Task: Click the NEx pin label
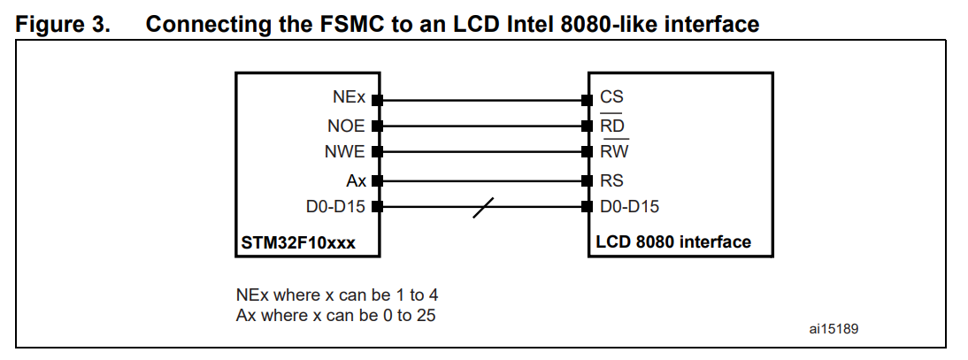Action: click(x=350, y=98)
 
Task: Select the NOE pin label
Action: click(x=346, y=126)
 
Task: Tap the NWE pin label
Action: click(x=345, y=152)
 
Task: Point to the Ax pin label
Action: click(x=357, y=180)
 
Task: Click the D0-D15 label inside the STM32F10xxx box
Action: click(x=336, y=207)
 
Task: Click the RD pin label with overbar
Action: click(x=612, y=126)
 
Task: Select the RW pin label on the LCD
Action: click(x=614, y=152)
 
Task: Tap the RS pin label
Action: click(x=611, y=180)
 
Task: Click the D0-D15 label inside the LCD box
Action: click(x=629, y=207)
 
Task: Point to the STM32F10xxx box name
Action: click(x=298, y=241)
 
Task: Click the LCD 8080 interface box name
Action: click(x=673, y=241)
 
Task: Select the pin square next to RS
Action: click(x=586, y=180)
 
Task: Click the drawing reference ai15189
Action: click(x=834, y=327)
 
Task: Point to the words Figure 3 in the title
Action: click(x=64, y=24)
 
